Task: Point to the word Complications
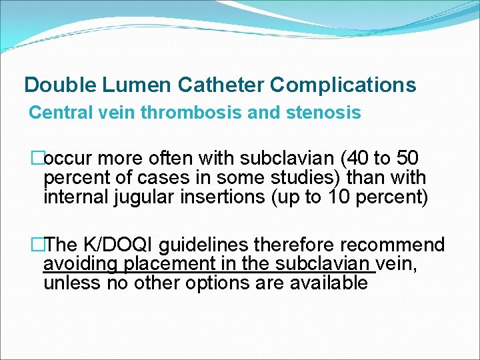(344, 85)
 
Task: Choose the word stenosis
(327, 113)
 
